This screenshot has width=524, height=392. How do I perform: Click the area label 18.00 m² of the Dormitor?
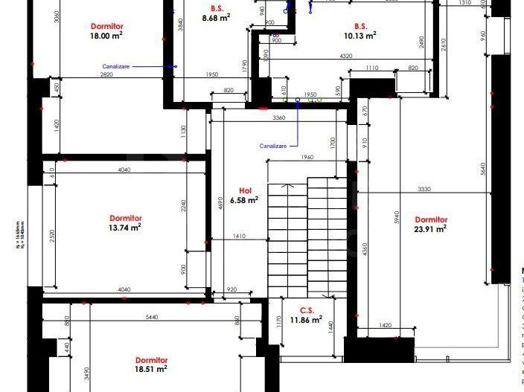coord(106,35)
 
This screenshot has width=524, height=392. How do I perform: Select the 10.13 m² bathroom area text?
coord(360,34)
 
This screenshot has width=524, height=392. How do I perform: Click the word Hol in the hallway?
coord(244,190)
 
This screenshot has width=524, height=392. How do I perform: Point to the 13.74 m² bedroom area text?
coord(125,228)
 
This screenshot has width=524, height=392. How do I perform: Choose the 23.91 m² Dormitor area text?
coord(431,229)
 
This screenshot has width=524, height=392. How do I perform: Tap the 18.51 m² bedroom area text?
coord(150,368)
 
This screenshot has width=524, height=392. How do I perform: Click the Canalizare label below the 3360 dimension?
coord(273,146)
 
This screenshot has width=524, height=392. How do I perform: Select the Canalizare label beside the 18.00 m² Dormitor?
coord(116,66)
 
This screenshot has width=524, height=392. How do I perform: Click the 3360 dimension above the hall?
coord(279,118)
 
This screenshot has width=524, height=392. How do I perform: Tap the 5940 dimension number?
coord(397,217)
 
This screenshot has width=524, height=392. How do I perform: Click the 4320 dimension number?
coord(345,57)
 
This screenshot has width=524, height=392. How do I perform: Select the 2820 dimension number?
coord(107,75)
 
